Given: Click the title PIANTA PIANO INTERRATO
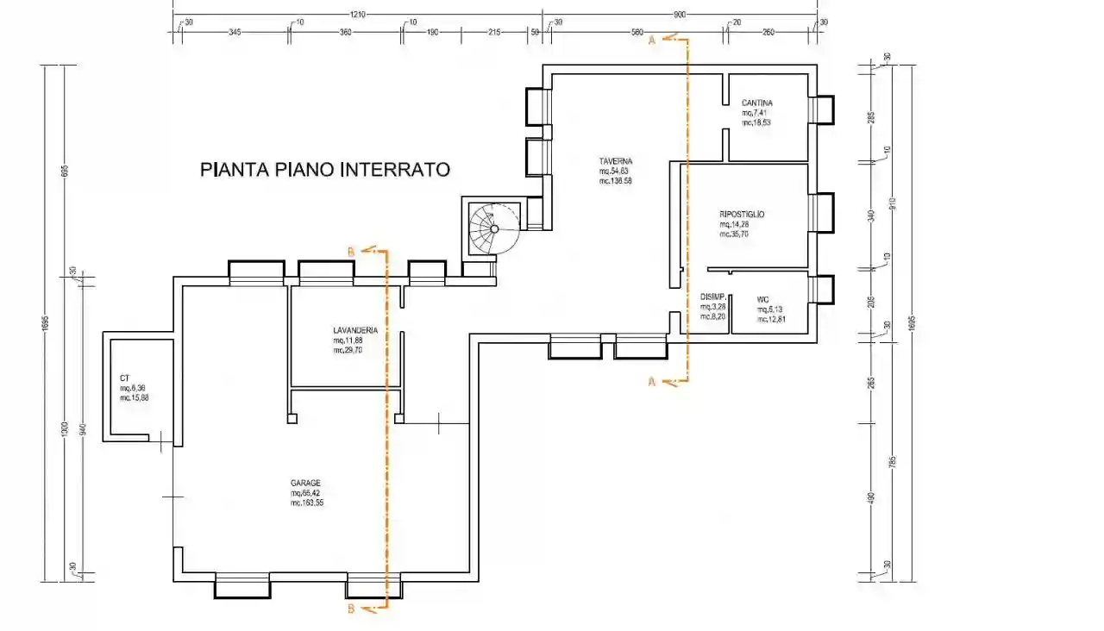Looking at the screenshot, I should (x=325, y=170).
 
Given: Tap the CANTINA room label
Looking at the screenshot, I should (x=756, y=103).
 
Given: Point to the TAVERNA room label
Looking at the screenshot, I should (x=617, y=161).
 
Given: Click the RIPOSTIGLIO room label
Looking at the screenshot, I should (x=742, y=214).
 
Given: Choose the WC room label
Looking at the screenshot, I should (x=762, y=300).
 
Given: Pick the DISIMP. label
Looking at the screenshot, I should (x=713, y=297).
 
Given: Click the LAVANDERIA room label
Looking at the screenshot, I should (x=355, y=330).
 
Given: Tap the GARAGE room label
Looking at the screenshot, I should (x=306, y=483).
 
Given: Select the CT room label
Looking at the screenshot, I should (x=124, y=378).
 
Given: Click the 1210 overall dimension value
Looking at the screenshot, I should (x=358, y=15).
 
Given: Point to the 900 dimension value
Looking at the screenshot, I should (x=680, y=15).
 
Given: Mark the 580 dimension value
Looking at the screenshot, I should (x=637, y=32).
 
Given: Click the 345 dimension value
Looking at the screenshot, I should (x=234, y=32).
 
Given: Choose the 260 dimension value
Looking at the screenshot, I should (x=768, y=32).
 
